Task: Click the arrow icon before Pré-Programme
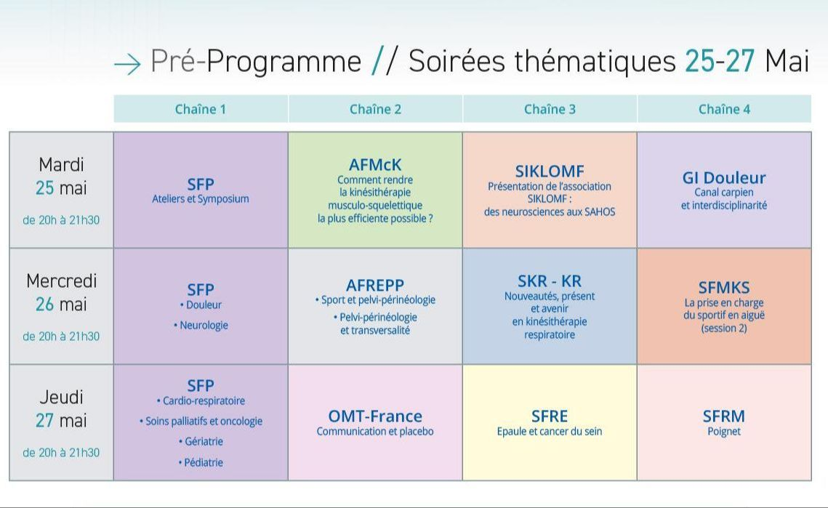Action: pos(127,65)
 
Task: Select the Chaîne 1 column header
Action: pos(201,109)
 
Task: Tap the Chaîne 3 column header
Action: pos(550,109)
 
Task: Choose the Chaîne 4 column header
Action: pos(724,109)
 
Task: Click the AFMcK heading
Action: pos(375,165)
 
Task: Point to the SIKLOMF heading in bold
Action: pos(550,171)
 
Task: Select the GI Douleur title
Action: pos(724,178)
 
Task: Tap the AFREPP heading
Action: pos(375,285)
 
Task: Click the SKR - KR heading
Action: pos(550,281)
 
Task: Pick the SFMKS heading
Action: pos(724,287)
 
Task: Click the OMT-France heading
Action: pos(375,416)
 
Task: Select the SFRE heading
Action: pos(550,416)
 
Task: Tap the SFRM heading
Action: pos(724,416)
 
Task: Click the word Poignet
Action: pos(724,432)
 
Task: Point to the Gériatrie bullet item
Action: pos(201,441)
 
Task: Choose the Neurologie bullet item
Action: pos(201,326)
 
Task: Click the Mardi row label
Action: pos(61,165)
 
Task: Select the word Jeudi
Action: pos(61,397)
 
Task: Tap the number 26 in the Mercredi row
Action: pos(45,305)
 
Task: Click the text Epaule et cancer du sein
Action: pos(550,432)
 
